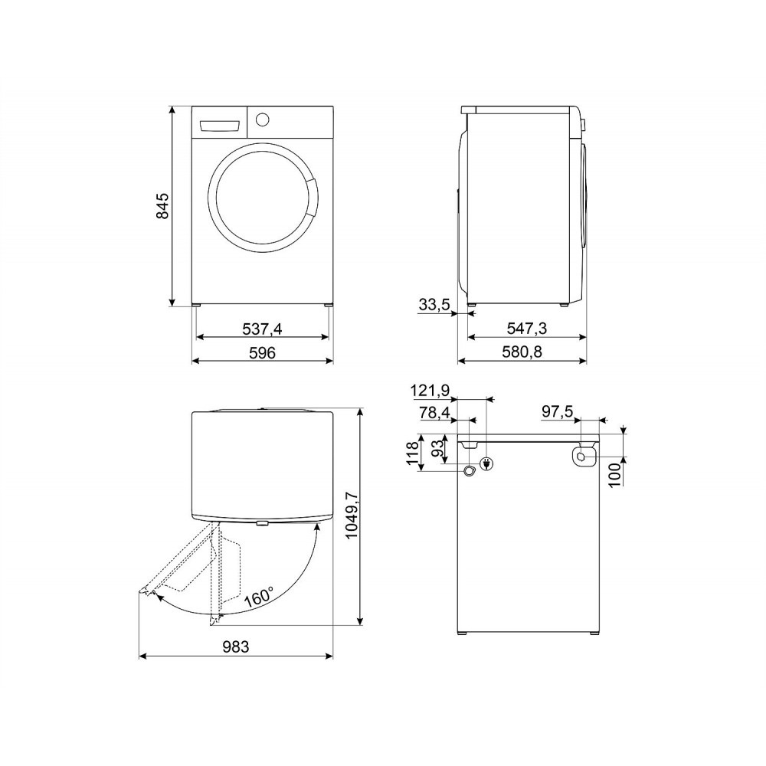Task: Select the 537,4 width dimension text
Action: coord(263,329)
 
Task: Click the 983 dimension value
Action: coord(235,647)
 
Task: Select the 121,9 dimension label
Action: coord(430,391)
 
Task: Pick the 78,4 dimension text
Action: coord(434,414)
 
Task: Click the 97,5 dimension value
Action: coord(558,412)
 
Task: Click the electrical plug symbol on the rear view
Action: coord(486,463)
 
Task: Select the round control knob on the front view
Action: coord(262,119)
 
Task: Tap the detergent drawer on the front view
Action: coord(220,124)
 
